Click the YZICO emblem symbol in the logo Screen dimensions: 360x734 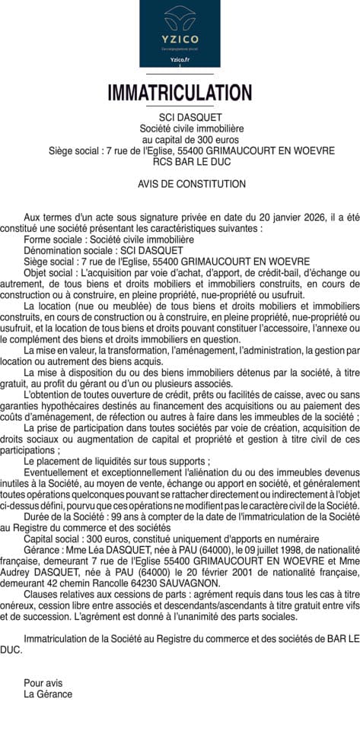click(x=180, y=17)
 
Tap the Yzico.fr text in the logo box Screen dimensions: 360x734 click(x=180, y=59)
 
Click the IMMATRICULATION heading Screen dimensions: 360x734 click(x=180, y=93)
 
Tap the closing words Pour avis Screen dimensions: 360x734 click(x=43, y=683)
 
